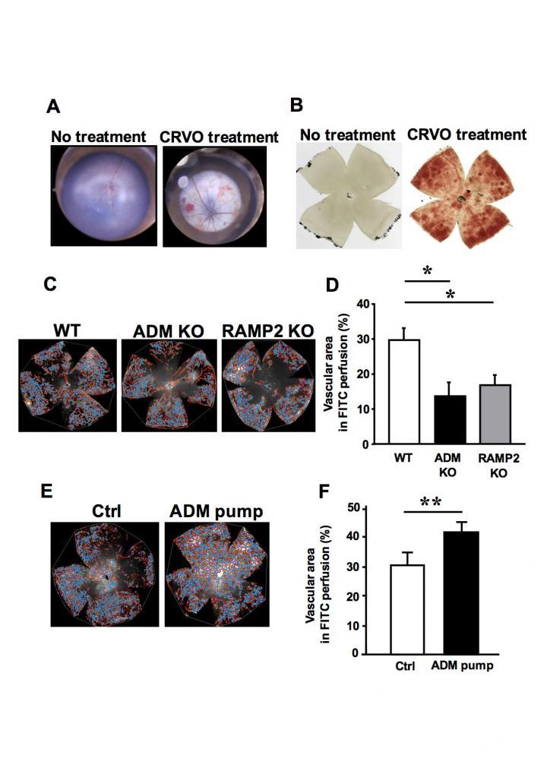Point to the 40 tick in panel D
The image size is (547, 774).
pyautogui.click(x=350, y=305)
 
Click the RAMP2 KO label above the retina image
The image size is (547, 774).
pyautogui.click(x=258, y=332)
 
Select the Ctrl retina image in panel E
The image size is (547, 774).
pyautogui.click(x=104, y=573)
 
